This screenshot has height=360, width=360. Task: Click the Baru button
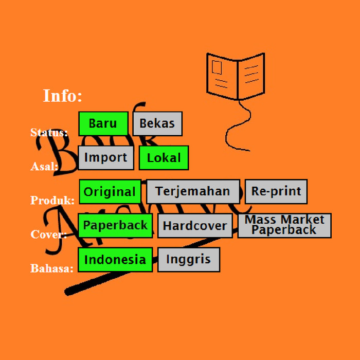(103, 123)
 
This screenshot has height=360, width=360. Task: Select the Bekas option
(157, 123)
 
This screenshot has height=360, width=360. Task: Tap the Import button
(106, 157)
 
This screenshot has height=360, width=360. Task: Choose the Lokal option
(164, 158)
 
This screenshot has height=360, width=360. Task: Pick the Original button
(110, 192)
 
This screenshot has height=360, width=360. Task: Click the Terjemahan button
(193, 191)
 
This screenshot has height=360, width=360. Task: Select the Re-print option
(276, 191)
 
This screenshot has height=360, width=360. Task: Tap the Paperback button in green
(115, 225)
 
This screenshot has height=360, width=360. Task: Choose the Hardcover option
(195, 226)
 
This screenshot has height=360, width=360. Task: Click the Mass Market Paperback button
(284, 225)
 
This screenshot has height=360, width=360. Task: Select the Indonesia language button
(115, 259)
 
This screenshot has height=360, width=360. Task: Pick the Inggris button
(189, 259)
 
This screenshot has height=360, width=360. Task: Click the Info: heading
(62, 96)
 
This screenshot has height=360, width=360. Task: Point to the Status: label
(49, 133)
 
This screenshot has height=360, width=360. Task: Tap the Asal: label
(44, 167)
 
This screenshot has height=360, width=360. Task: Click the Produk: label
(52, 201)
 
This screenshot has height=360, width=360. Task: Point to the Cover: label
(49, 235)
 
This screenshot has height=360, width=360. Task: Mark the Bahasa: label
(52, 268)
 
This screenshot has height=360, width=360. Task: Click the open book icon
(236, 76)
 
